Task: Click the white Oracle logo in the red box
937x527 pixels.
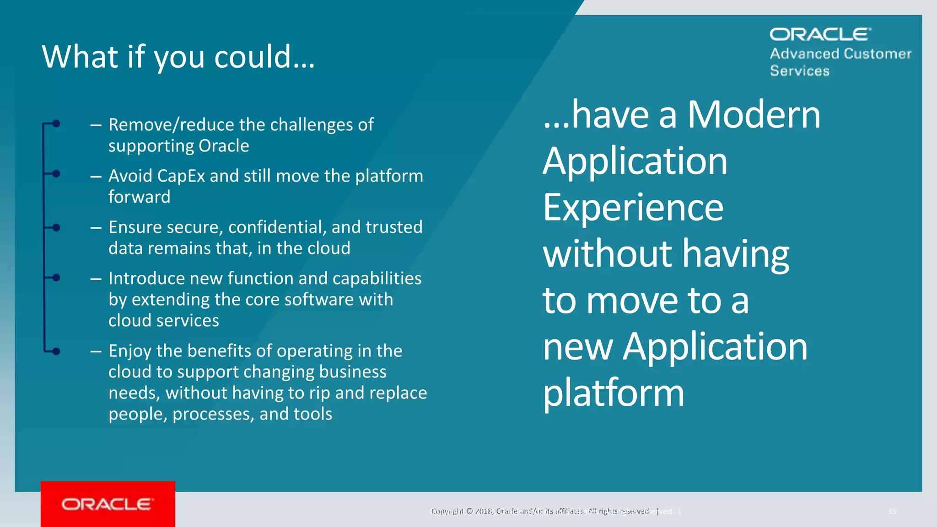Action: tap(108, 504)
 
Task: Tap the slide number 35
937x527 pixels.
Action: tap(892, 511)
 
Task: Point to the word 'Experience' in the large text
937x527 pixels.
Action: tap(633, 208)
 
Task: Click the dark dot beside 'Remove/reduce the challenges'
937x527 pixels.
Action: tap(56, 124)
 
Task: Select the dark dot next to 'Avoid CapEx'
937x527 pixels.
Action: tap(56, 174)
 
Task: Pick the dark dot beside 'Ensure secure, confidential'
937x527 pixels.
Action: tap(56, 228)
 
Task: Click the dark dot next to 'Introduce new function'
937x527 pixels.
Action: tap(56, 278)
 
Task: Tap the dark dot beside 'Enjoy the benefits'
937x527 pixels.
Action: tap(56, 351)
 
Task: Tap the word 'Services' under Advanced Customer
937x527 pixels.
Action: tap(799, 71)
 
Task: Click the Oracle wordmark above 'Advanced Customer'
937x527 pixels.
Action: tap(820, 34)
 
